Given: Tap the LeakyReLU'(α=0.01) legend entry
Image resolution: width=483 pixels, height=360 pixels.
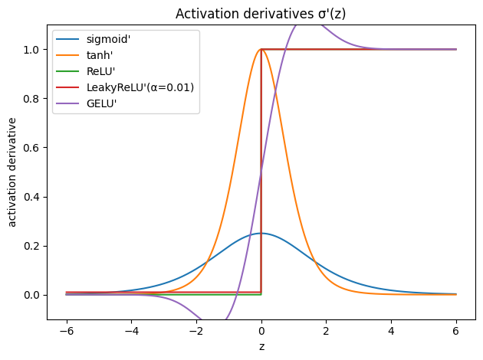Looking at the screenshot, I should point(140,87).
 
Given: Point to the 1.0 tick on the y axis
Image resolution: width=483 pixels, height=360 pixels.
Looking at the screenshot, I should point(34,50).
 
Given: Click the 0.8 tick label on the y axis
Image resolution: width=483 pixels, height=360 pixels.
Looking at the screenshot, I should point(34,99).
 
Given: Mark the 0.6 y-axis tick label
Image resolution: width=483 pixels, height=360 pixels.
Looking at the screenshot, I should point(34,148).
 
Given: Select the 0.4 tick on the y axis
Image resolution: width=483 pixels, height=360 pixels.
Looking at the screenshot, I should point(34,197).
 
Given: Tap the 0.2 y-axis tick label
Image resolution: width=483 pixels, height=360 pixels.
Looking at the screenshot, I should point(34,246).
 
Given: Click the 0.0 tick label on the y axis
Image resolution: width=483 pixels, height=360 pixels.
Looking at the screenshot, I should point(34,295).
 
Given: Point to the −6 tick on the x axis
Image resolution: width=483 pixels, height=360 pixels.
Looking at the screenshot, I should point(66,331).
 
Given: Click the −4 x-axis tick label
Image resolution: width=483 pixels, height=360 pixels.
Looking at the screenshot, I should point(131,331).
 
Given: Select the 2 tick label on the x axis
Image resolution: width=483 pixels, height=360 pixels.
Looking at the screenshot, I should point(327,331).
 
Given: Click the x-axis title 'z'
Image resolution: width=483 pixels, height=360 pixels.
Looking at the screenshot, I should point(261,346).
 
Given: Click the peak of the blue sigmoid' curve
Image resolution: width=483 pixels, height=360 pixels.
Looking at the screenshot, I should point(261,233).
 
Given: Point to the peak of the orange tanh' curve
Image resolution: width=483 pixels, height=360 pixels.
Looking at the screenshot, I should point(261,50).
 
